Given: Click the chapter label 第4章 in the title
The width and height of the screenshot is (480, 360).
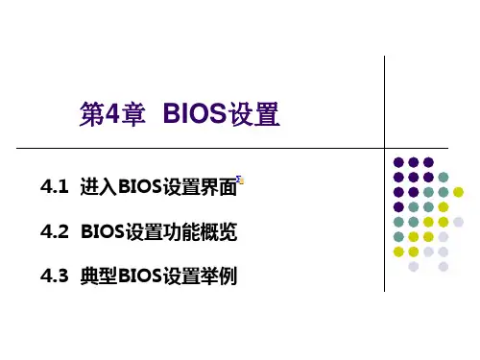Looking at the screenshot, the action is [112, 114].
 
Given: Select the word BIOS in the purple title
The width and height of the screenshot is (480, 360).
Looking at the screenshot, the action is [195, 113].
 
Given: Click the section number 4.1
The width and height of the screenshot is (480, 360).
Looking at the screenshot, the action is [55, 186].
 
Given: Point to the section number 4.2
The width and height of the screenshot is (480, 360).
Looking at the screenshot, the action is [55, 231].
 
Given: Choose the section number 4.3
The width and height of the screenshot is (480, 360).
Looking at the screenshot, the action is [55, 276].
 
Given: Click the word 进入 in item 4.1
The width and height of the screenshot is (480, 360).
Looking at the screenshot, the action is [99, 186].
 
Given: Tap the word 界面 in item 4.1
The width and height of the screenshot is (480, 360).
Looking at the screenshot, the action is [219, 186].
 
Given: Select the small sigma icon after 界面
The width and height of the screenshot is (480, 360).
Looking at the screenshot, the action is [240, 180].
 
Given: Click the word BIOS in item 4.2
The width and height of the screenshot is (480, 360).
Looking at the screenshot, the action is [103, 231].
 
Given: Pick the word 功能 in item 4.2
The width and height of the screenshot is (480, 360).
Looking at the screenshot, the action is [181, 231].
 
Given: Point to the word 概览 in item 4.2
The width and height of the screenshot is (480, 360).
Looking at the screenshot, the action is [219, 231].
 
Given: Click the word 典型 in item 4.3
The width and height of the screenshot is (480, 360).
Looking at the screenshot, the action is [99, 276].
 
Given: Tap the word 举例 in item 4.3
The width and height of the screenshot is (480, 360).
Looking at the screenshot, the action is [219, 276].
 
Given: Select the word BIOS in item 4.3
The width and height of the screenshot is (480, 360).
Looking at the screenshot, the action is [140, 276].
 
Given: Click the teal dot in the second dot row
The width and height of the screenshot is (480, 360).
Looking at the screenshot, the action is [444, 177].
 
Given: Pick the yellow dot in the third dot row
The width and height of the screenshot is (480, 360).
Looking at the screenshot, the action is [458, 192].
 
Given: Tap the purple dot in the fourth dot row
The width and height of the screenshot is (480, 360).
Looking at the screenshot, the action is [398, 206].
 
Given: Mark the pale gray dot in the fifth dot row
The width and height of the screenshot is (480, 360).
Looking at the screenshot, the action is [458, 222].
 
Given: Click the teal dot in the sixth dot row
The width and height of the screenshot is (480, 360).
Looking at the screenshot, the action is [398, 237].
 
